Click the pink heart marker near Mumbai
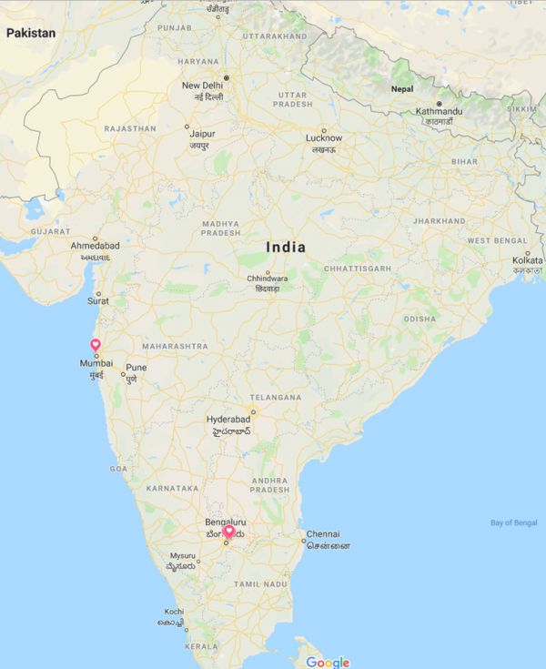(x=95, y=344)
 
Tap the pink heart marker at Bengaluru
(x=229, y=531)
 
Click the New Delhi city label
(x=201, y=85)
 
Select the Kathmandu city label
(x=440, y=111)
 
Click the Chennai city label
(x=323, y=533)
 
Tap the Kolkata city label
(x=527, y=260)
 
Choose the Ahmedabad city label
(x=95, y=246)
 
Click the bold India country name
(x=286, y=247)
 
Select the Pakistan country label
(x=31, y=33)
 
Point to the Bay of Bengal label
(x=514, y=522)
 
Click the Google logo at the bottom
(x=328, y=662)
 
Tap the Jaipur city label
(x=202, y=133)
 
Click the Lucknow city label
(x=323, y=138)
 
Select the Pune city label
(x=136, y=368)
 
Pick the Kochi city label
(x=174, y=612)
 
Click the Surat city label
(x=97, y=300)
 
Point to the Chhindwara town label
(x=267, y=279)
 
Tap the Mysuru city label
(x=183, y=555)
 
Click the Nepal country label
(x=402, y=89)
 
